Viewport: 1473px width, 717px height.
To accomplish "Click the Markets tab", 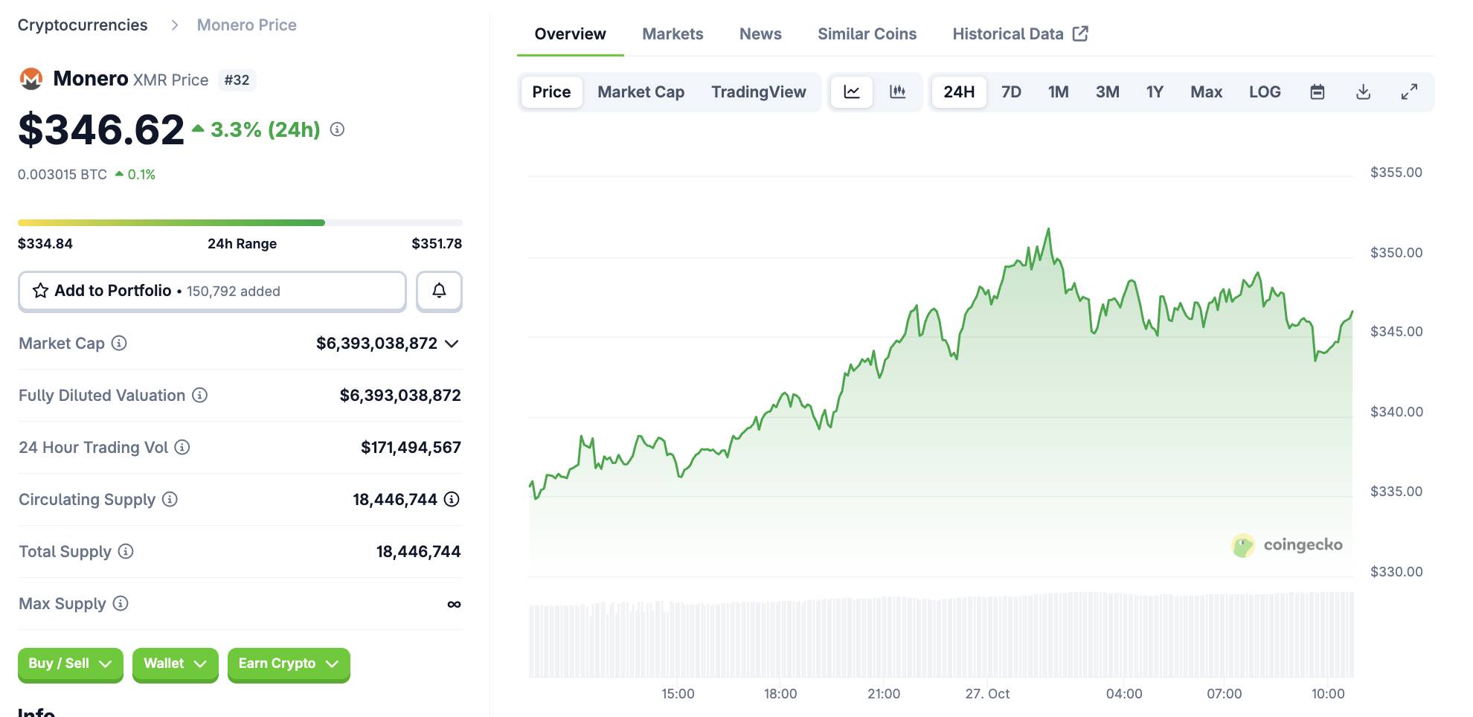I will [x=673, y=34].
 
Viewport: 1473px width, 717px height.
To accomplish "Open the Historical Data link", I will [x=1020, y=34].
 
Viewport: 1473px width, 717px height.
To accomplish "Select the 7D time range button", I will [x=1011, y=92].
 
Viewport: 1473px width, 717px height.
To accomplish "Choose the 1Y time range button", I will [x=1154, y=92].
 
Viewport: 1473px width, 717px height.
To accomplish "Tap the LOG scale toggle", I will [x=1265, y=92].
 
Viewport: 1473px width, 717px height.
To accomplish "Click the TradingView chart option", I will [x=758, y=92].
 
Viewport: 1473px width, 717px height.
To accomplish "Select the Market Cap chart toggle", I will [x=641, y=92].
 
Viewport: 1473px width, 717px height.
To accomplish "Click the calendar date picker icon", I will [x=1317, y=92].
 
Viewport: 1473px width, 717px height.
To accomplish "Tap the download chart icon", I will [x=1363, y=92].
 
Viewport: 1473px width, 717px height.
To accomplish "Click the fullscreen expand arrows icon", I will [x=1409, y=92].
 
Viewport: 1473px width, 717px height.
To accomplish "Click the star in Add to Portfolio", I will [x=40, y=291].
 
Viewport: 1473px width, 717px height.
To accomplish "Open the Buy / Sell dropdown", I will [x=70, y=663].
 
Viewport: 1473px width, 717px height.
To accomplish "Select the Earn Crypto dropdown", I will [x=288, y=663].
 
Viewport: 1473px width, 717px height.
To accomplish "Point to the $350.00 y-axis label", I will [x=1396, y=253].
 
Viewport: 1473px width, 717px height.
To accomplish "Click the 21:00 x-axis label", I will [x=883, y=694].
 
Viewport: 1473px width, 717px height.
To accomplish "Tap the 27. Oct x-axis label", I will [x=987, y=694].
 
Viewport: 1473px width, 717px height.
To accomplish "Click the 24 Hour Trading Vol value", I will [x=411, y=448].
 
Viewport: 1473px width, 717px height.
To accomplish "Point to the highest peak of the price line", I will [x=1048, y=229].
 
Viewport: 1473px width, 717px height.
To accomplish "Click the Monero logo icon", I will [x=31, y=79].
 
